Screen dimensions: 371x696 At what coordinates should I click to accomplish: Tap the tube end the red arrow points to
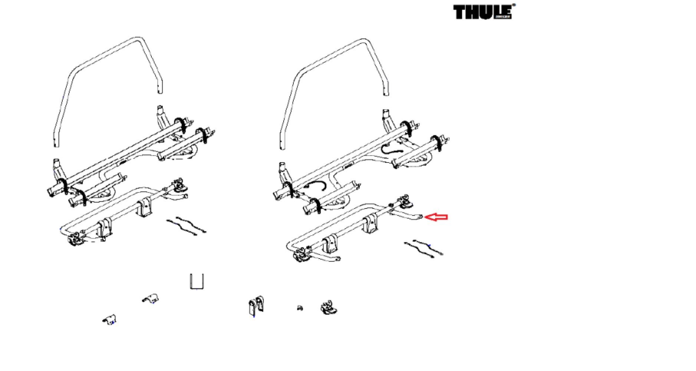click(x=420, y=217)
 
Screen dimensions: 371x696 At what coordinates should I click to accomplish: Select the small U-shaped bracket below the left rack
click(x=196, y=282)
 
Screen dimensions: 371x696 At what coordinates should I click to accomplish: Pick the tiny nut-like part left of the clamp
click(x=300, y=308)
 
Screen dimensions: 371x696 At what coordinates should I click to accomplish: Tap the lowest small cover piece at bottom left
click(x=109, y=319)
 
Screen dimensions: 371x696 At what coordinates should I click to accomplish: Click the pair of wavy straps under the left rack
click(x=186, y=226)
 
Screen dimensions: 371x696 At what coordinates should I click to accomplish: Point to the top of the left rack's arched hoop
click(x=137, y=38)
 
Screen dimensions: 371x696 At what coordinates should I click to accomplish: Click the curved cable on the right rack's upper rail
click(x=392, y=149)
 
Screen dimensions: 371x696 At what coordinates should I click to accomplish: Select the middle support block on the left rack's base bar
click(x=145, y=208)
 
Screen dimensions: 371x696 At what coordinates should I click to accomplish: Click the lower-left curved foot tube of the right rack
click(x=326, y=257)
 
